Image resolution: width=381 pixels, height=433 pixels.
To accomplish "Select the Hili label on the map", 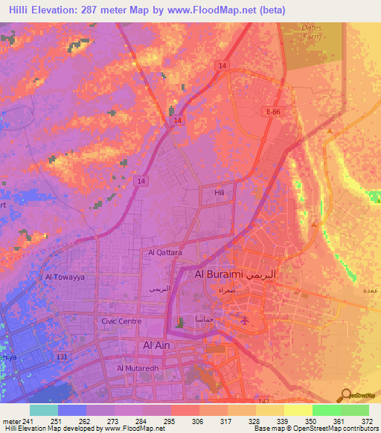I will (219, 192).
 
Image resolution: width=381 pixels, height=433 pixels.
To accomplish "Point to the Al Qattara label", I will (165, 252).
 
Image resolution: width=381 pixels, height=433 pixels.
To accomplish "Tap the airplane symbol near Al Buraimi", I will (246, 320).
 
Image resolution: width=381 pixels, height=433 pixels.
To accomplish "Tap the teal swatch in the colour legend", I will (44, 410).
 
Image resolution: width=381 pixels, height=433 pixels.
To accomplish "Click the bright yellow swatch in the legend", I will (298, 410).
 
